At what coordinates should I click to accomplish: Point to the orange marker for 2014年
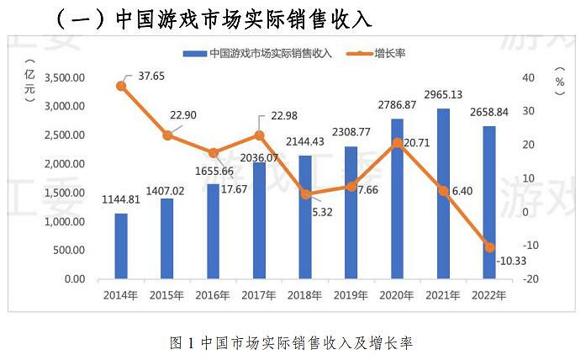tap(121, 86)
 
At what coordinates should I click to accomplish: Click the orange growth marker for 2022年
tap(488, 246)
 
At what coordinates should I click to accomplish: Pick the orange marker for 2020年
tap(397, 143)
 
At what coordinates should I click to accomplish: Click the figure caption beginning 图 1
tap(292, 342)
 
